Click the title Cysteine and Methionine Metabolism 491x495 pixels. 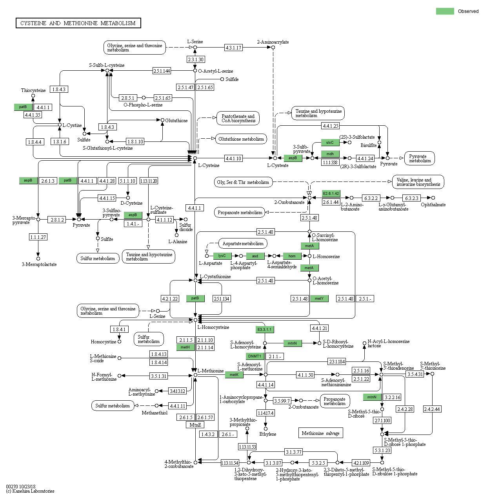pos(78,23)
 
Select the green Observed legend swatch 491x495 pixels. pos(445,11)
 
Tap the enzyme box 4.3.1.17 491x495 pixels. pos(233,48)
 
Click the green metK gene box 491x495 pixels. pos(234,375)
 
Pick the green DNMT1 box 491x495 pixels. pos(255,356)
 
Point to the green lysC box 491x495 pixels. pos(222,256)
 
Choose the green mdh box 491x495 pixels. pos(330,154)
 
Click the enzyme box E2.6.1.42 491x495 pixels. pos(331,194)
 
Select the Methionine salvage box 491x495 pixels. pos(320,433)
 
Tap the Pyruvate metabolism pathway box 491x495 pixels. pos(420,158)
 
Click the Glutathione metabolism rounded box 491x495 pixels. pos(241,139)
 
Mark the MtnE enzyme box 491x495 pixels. pos(195,425)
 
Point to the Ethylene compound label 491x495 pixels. pos(267,434)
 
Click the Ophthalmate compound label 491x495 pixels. pos(433,205)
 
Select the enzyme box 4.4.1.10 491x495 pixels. pos(233,158)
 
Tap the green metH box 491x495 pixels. pos(185,347)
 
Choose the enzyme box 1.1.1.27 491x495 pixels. pos(38,237)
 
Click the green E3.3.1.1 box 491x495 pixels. pos(264,329)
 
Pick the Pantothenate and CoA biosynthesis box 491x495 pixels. pos(238,118)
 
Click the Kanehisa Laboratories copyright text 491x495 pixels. pos(30,491)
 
